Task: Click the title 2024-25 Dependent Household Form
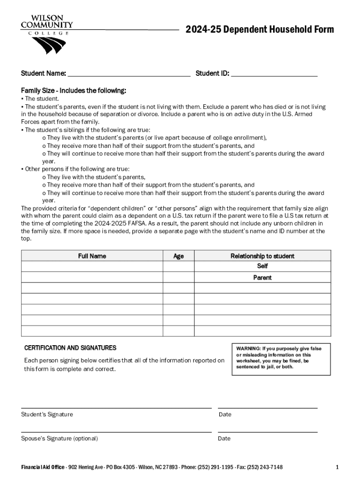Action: coord(259,30)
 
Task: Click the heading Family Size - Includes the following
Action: coord(73,90)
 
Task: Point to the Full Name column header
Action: coord(92,256)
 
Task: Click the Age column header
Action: coord(178,256)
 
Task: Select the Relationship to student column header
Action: coord(262,256)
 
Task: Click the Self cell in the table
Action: coord(262,266)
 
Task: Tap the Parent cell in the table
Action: coord(262,277)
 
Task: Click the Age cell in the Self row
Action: coord(178,266)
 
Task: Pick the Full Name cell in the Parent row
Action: coord(92,277)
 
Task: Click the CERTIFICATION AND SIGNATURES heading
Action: coord(70,348)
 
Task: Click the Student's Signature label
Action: coord(47,414)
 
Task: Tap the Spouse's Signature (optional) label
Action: coord(59,438)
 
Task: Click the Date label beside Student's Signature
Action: coord(224,414)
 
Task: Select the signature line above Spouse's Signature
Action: coord(116,432)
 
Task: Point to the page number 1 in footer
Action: coord(337,467)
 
